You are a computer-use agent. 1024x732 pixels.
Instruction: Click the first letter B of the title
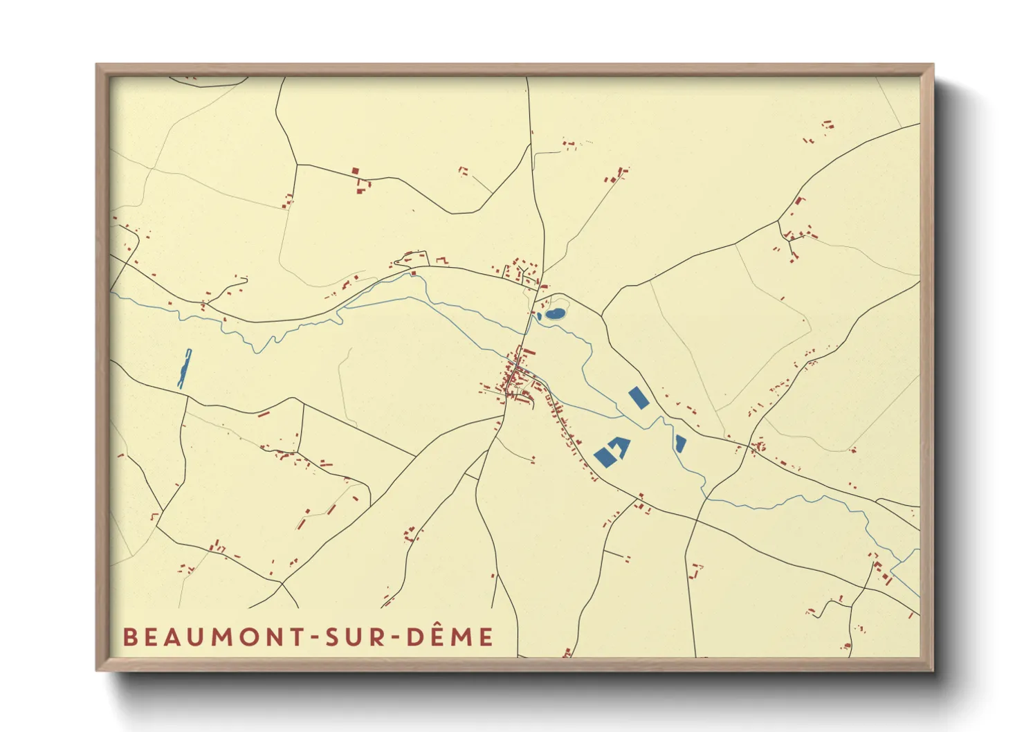pos(129,637)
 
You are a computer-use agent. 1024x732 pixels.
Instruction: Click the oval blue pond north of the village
pos(555,313)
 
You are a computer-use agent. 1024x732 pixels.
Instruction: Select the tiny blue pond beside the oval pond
pos(539,316)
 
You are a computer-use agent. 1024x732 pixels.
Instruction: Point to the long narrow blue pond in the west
pos(184,368)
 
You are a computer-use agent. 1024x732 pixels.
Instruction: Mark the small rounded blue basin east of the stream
pos(680,443)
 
